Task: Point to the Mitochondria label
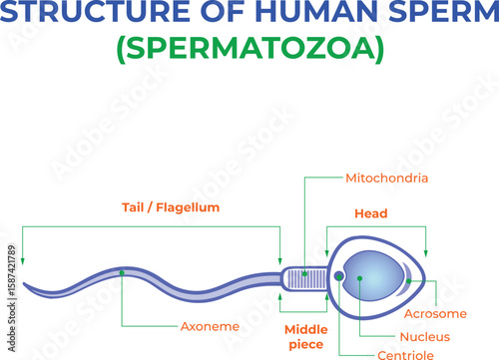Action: click(386, 179)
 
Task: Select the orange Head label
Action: click(370, 213)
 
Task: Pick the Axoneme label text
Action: click(209, 326)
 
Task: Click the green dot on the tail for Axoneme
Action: click(122, 270)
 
